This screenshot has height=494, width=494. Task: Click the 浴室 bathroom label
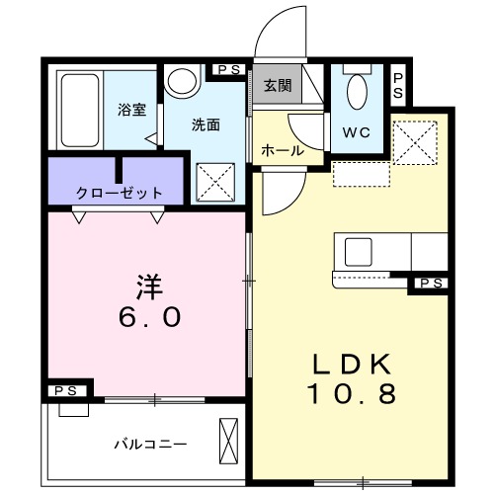(132, 110)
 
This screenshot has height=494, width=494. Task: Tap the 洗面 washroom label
(206, 125)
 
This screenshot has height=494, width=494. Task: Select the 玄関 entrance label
(278, 86)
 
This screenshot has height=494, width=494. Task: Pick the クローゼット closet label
(119, 193)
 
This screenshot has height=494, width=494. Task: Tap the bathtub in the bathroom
(76, 110)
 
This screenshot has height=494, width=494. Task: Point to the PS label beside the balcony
(65, 392)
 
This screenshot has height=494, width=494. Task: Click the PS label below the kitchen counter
(429, 285)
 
